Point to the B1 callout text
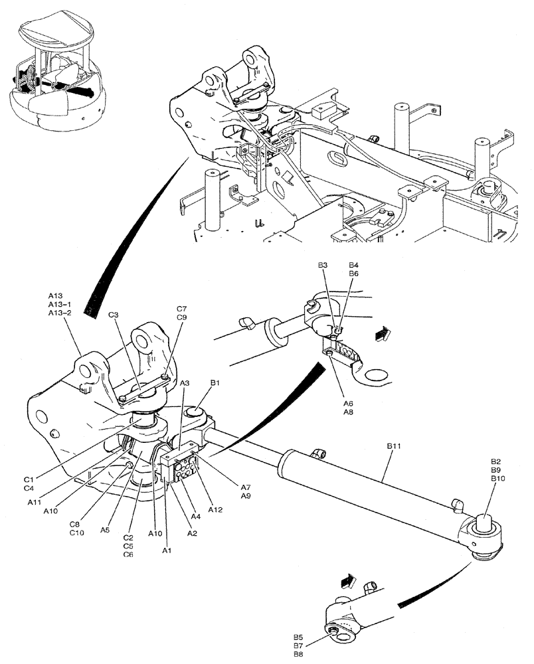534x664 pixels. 216,383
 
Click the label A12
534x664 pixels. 215,509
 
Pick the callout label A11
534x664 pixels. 35,503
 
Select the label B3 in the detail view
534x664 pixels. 323,265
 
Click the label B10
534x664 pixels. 499,479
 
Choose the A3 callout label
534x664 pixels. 184,383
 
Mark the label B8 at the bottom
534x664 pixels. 298,654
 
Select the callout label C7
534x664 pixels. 181,309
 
